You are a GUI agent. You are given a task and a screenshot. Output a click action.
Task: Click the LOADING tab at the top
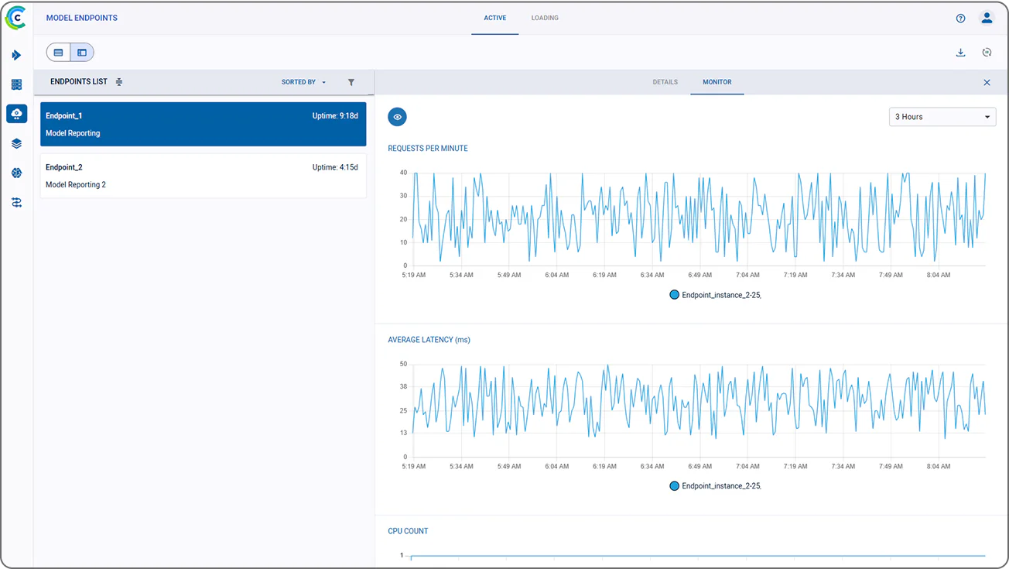pos(544,18)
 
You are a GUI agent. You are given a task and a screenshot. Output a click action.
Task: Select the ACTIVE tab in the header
pos(494,18)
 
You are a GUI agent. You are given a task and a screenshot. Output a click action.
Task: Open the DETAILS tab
pos(665,82)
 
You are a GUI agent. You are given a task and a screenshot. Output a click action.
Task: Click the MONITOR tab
pos(717,82)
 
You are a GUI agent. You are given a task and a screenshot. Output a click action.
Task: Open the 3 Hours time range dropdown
pos(942,117)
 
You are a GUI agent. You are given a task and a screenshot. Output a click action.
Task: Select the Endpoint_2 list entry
pos(203,176)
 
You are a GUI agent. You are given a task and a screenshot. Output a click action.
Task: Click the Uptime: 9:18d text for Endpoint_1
pos(335,116)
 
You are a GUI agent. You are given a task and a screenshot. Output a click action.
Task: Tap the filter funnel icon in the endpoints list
pos(351,82)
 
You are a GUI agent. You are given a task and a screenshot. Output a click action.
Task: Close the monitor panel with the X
pos(987,83)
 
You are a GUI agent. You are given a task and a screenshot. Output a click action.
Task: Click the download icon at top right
pos(960,53)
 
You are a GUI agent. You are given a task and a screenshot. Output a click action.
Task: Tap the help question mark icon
pos(960,19)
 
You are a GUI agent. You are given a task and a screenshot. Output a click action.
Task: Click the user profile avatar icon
pos(987,18)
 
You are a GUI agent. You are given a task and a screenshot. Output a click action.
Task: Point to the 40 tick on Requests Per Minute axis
pos(402,173)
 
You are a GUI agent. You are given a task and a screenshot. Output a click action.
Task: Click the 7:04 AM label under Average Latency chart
pos(747,466)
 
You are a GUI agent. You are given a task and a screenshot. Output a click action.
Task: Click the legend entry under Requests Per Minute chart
pos(715,295)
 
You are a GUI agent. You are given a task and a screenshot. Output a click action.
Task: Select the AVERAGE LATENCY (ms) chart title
pos(429,340)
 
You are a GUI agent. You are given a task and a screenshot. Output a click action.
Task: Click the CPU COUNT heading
pos(408,531)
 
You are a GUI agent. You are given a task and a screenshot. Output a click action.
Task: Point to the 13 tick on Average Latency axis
pos(402,433)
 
